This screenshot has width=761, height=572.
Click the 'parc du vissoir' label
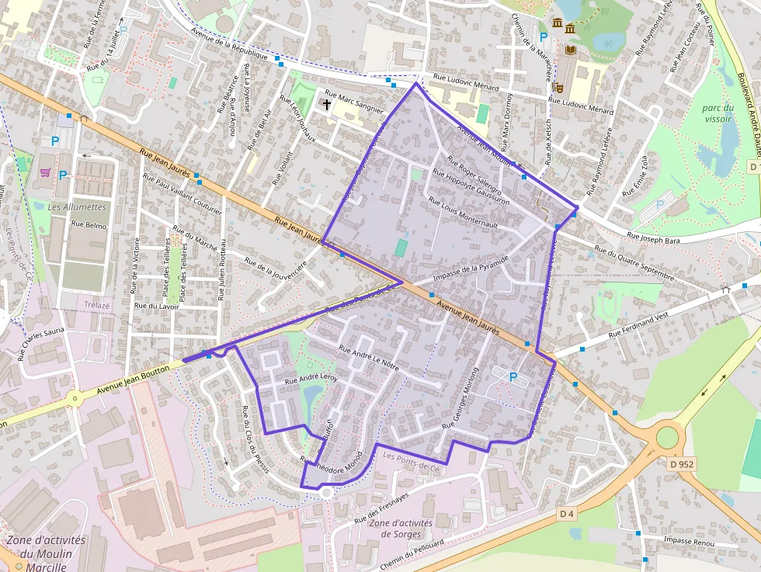click(x=717, y=113)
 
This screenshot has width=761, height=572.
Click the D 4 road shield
click(x=567, y=514)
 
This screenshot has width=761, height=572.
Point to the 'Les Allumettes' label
click(x=77, y=207)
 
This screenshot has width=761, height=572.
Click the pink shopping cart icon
click(x=46, y=172)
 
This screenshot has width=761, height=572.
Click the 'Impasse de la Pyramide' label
click(x=471, y=269)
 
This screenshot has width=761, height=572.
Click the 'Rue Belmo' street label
click(x=89, y=224)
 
